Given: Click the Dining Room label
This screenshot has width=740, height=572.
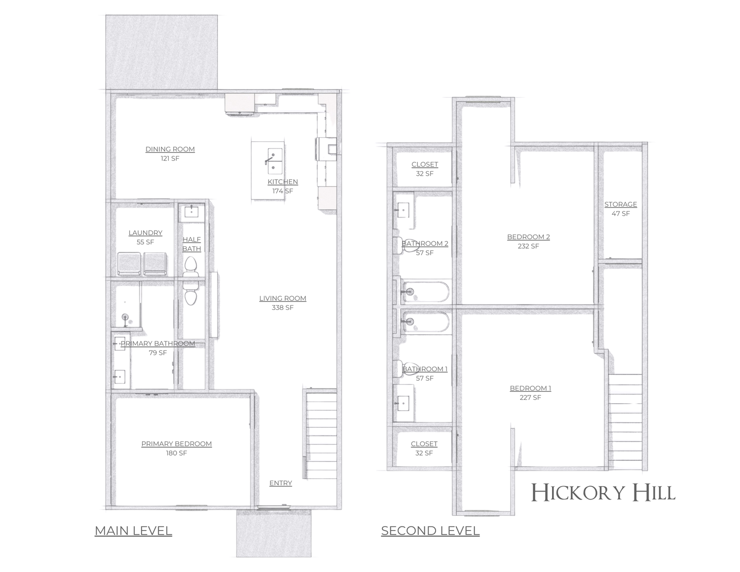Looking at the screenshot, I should [170, 149].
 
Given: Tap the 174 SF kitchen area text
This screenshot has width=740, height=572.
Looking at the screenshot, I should [283, 191].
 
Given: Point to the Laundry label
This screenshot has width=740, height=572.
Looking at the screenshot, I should [145, 233].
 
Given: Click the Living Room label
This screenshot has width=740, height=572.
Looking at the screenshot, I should [283, 298].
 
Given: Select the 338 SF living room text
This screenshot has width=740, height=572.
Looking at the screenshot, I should [283, 307].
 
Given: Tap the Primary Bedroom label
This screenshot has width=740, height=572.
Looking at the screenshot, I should [177, 444].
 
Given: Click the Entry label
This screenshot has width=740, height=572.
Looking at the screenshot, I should [281, 483].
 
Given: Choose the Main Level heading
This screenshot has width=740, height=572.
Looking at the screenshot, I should [133, 531].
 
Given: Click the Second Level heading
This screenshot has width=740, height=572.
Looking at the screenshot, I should [430, 531].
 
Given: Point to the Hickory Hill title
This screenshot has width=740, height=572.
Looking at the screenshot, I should [603, 493].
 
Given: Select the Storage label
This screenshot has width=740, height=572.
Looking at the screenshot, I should [621, 204].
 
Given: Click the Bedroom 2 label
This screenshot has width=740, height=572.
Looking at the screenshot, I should [528, 237].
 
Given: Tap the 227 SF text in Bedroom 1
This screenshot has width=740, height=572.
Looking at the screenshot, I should [530, 397].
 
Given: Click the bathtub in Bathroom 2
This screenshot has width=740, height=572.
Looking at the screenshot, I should [426, 292].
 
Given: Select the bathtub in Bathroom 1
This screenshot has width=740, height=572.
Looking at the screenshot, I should [426, 322].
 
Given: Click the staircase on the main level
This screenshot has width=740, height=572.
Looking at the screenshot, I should [321, 434].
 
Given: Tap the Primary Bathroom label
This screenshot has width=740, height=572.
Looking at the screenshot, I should [158, 343].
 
